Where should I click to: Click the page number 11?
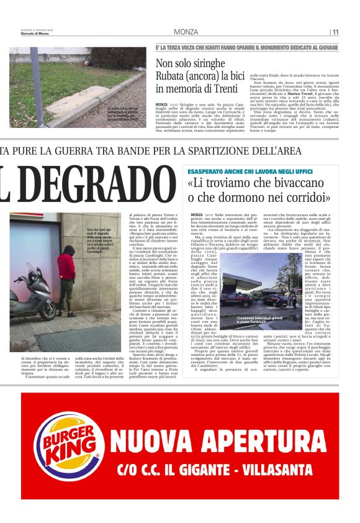pos(336,32)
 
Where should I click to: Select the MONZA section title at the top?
pos(186,32)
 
